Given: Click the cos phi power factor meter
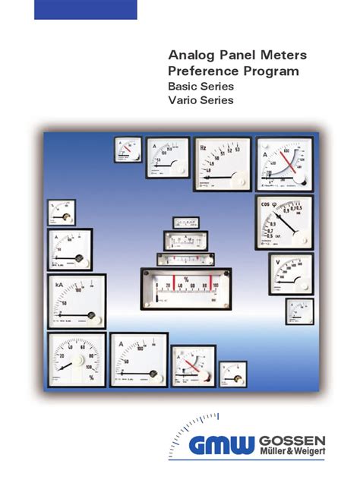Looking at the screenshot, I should [x=283, y=221].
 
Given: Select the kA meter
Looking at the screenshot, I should [x=76, y=300].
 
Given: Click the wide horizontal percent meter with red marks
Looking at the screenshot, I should [x=186, y=289].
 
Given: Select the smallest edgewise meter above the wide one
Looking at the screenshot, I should [x=186, y=223].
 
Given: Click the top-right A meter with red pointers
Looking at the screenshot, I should [x=283, y=163].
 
